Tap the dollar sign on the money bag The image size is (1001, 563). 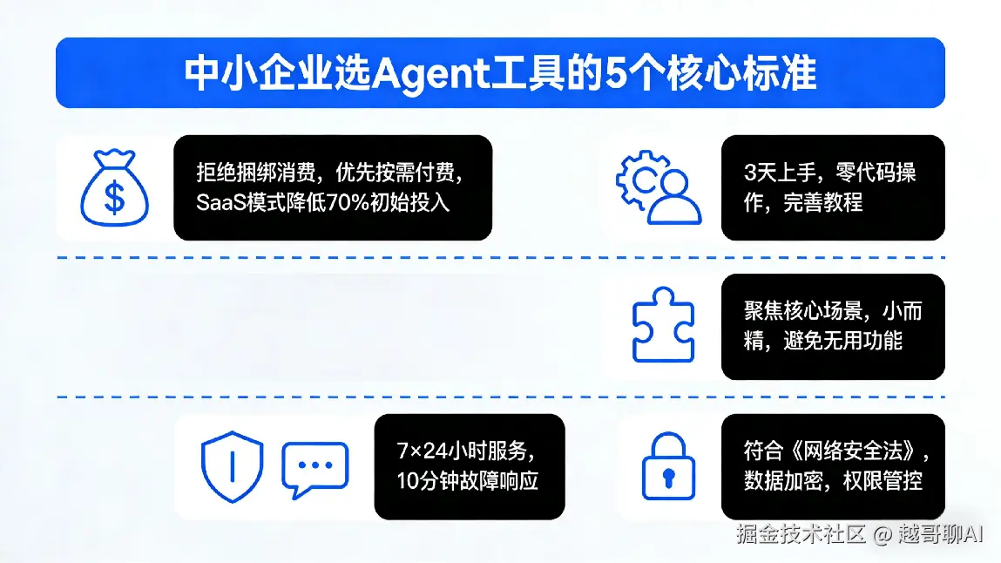click(114, 198)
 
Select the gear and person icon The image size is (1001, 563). click(659, 187)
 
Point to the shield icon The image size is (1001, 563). click(232, 465)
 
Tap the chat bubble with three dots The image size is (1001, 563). click(314, 468)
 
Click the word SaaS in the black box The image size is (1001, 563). click(220, 202)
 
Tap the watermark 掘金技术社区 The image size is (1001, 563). click(801, 533)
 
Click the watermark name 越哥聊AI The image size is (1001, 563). click(941, 533)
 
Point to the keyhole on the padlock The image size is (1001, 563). click(668, 478)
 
